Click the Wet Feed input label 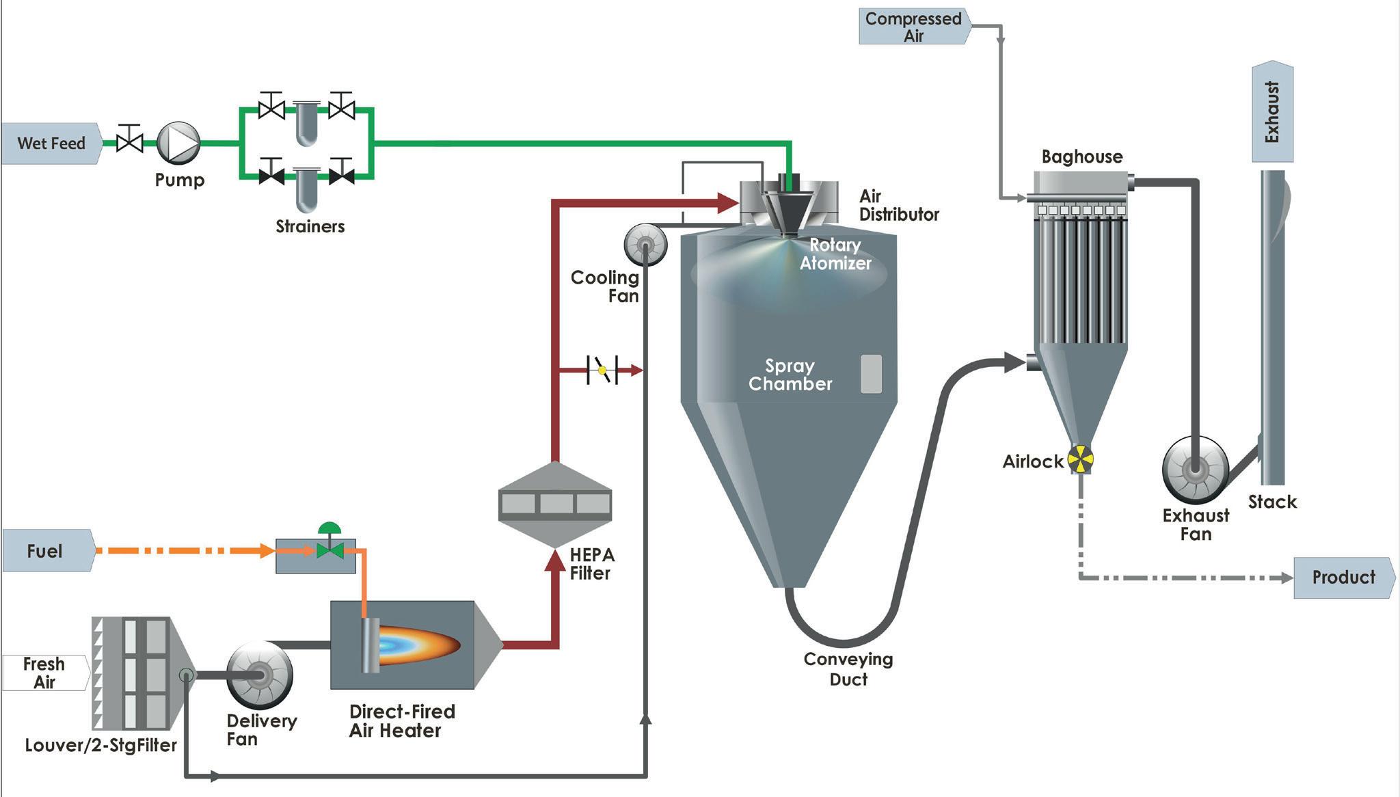coord(51,144)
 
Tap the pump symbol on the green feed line coord(178,143)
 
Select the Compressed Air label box coord(913,27)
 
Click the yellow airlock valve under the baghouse coord(1080,459)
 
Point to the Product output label coord(1343,578)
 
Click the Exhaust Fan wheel coord(1195,470)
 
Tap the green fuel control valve coord(330,549)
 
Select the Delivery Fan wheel coord(260,675)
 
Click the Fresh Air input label coord(45,673)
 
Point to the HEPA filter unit coord(555,504)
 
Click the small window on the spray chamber coord(870,374)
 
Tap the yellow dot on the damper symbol coord(602,370)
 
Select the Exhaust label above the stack coord(1272,113)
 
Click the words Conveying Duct coord(848,669)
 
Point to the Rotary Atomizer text coord(835,254)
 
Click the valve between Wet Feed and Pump coord(129,142)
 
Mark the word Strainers coord(310,226)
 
